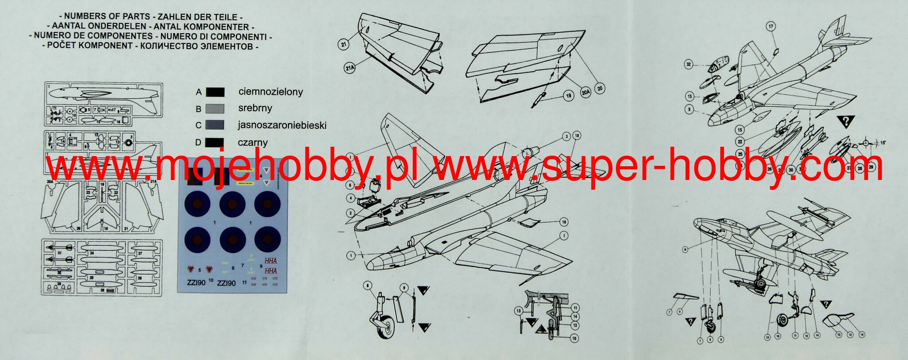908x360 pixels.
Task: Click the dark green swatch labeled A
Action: click(215, 92)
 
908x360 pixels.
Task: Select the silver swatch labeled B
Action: click(215, 109)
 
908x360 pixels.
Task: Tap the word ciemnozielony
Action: click(270, 92)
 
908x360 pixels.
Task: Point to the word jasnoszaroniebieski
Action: click(282, 125)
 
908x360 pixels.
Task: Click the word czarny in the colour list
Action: click(253, 143)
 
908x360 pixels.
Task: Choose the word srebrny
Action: click(255, 108)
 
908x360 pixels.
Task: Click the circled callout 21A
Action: click(349, 68)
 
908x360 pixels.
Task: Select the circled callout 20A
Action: click(585, 92)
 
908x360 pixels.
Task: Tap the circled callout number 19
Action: click(568, 95)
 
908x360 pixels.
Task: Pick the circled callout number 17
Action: click(771, 27)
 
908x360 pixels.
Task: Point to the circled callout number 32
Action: click(689, 65)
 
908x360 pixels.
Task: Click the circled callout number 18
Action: click(576, 135)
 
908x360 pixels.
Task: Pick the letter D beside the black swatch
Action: click(198, 143)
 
